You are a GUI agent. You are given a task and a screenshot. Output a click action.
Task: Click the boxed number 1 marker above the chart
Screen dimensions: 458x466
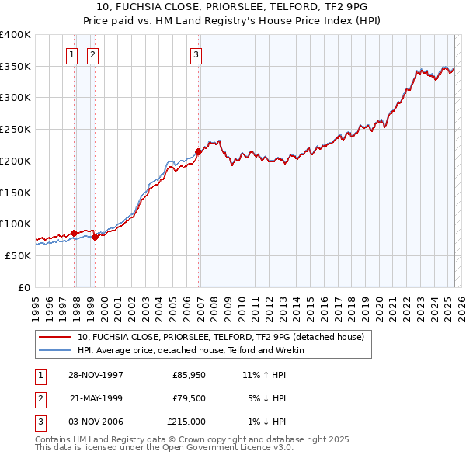pos(71,54)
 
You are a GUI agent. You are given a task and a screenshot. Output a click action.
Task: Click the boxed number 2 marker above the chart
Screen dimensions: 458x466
pos(92,54)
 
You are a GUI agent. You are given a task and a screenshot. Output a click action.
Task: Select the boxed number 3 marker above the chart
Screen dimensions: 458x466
pos(196,54)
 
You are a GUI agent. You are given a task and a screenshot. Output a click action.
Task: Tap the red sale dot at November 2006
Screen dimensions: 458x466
pos(198,152)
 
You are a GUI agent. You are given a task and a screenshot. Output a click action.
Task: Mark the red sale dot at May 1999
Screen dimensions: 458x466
pos(95,237)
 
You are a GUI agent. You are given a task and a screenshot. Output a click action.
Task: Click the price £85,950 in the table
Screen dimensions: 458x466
pos(186,375)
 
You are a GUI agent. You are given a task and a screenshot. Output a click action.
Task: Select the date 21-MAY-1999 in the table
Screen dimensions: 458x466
pos(96,398)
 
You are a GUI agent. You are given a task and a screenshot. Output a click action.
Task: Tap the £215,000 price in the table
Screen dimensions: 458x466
pos(186,422)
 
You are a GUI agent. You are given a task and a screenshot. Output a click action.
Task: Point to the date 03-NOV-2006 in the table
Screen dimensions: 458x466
pos(96,422)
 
